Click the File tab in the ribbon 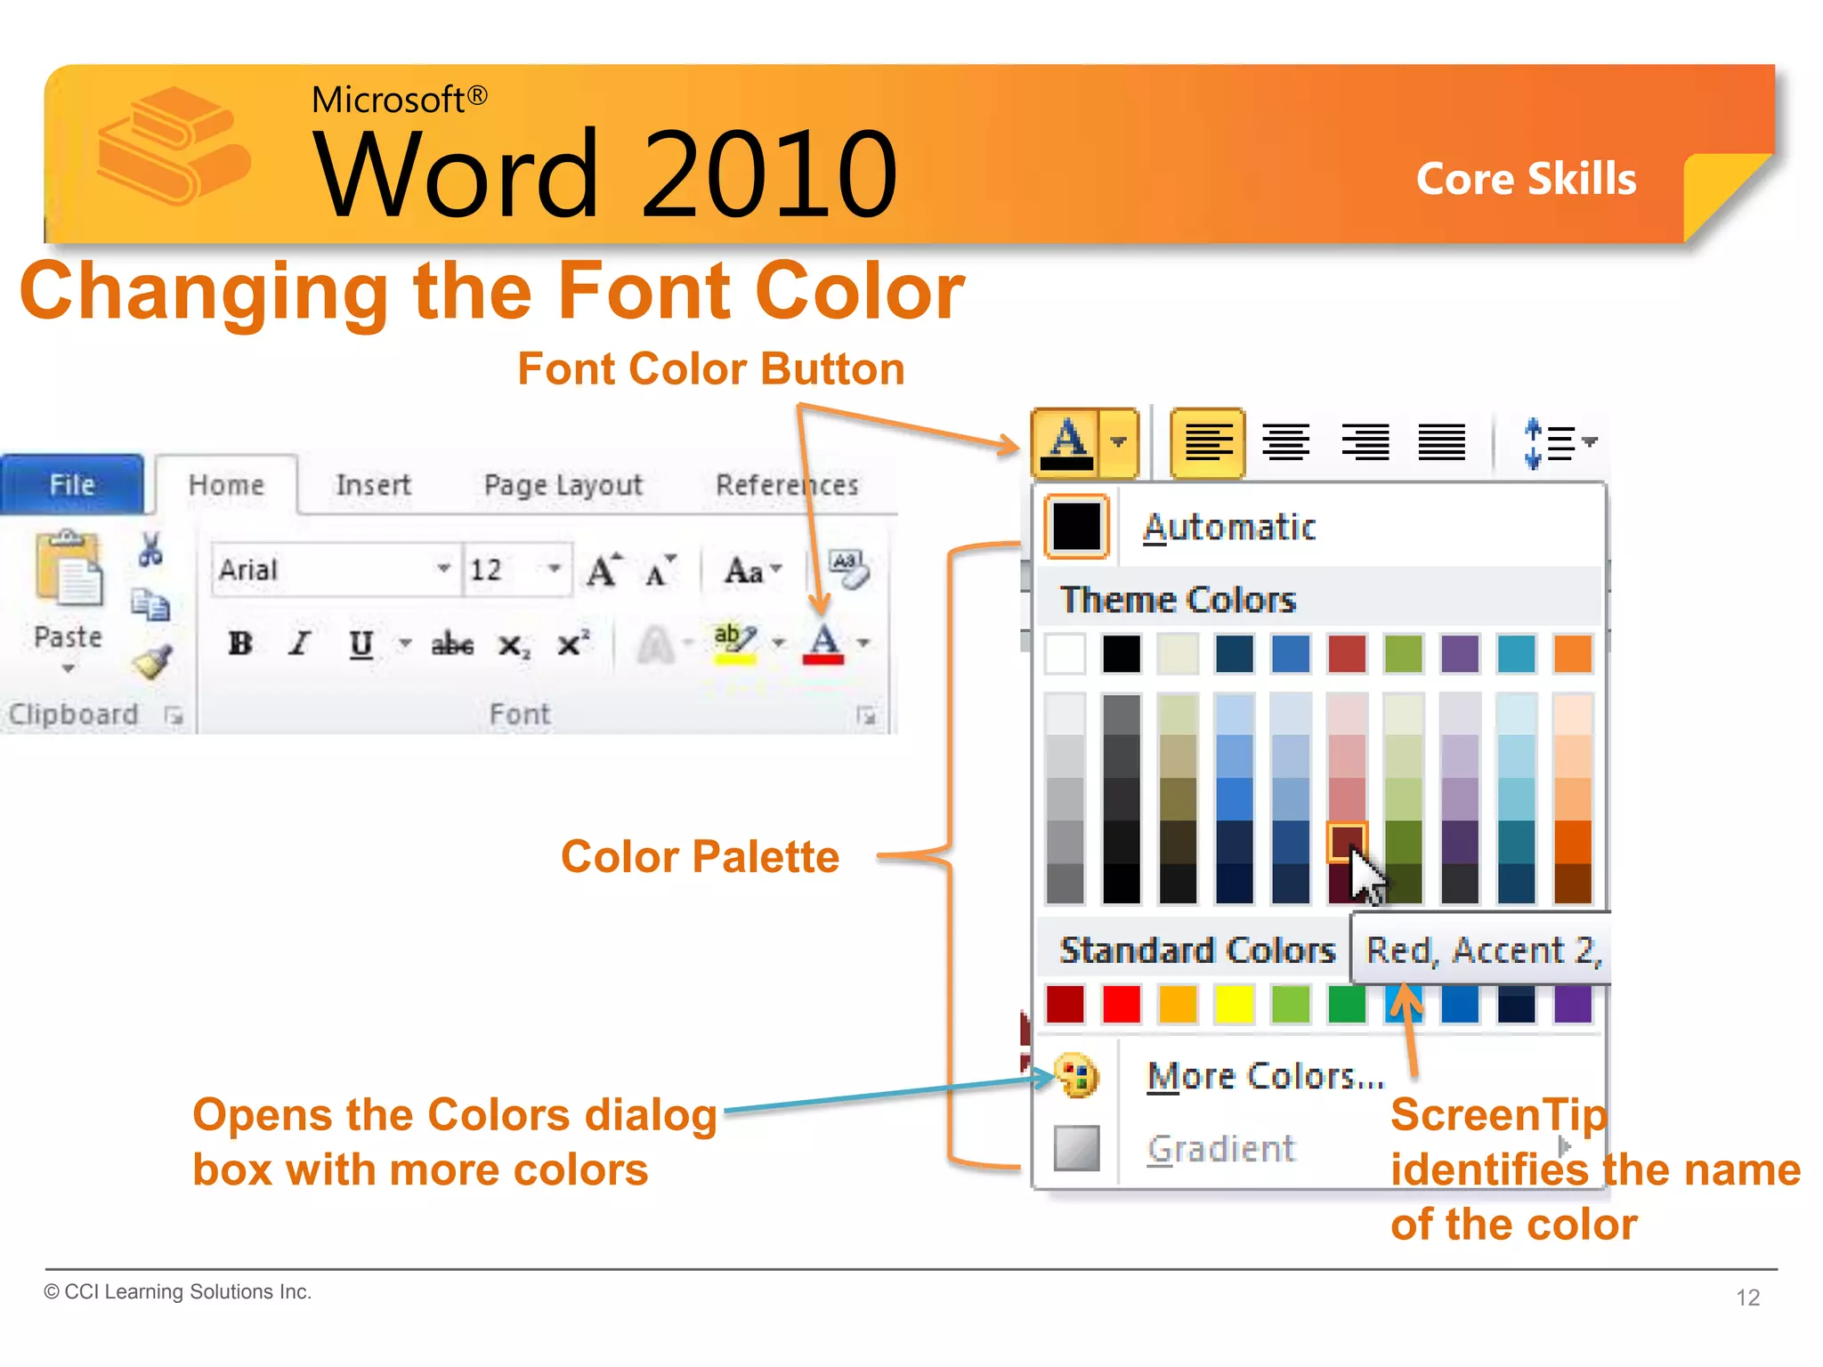tap(71, 484)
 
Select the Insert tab tap(373, 485)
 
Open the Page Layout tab tap(563, 485)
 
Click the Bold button tap(240, 643)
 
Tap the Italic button tap(300, 643)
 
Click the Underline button tap(361, 643)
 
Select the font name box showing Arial tap(325, 570)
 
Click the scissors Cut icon tap(150, 549)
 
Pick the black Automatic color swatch tap(1076, 526)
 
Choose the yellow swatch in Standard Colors tap(1234, 1004)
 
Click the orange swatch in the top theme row tap(1572, 654)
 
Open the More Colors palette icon tap(1076, 1076)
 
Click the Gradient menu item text tap(1220, 1149)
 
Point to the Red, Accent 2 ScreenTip tap(1482, 950)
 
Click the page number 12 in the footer tap(1747, 1298)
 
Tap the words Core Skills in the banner tap(1526, 179)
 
